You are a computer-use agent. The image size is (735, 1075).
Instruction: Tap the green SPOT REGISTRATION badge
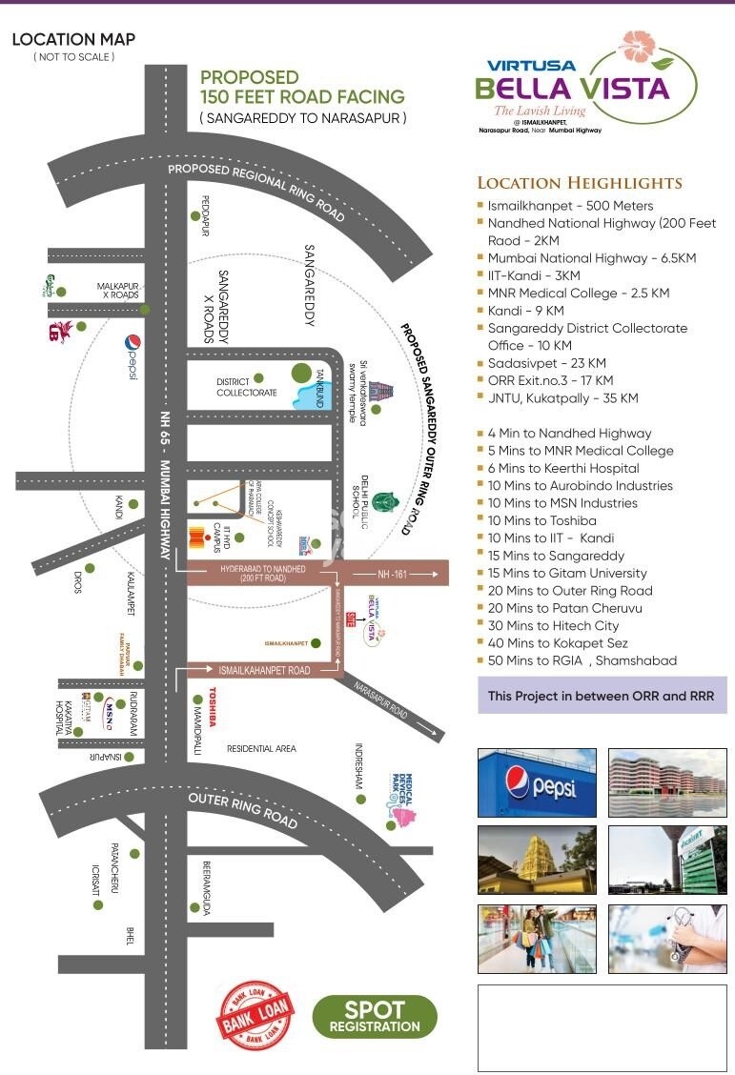[x=375, y=1017]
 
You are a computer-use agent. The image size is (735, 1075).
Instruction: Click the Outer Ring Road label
[x=243, y=808]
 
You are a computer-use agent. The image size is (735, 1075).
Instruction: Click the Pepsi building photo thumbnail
[x=537, y=782]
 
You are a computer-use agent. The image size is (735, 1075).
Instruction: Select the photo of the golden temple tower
[x=537, y=861]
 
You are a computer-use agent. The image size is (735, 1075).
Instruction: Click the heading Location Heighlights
[x=580, y=183]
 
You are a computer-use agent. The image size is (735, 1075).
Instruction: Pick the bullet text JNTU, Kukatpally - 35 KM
[x=562, y=398]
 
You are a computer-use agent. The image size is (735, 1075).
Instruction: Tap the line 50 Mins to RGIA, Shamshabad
[x=582, y=660]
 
